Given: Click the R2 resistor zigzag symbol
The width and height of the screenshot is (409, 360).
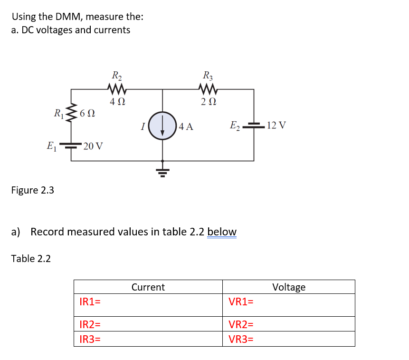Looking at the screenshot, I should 116,88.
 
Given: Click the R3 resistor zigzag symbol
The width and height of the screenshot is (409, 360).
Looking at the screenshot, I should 208,88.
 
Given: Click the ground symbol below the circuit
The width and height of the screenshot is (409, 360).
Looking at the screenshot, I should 163,170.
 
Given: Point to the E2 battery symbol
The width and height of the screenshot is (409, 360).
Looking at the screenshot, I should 253,126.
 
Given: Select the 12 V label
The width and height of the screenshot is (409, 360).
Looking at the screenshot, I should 276,126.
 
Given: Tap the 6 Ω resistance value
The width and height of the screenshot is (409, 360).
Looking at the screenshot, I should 88,114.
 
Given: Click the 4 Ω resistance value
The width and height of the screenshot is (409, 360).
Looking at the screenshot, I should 117,101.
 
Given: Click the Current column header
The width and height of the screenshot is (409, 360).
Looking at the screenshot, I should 148,287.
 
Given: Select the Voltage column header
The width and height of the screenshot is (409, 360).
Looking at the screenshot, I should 289,287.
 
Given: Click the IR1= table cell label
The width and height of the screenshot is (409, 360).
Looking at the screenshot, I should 90,302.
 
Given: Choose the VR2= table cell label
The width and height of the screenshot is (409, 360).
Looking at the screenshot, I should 241,325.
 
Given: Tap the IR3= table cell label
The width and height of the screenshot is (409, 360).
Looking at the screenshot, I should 90,340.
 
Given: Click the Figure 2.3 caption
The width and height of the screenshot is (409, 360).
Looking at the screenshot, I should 33,190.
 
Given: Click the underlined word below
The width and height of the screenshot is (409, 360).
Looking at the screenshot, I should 222,232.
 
